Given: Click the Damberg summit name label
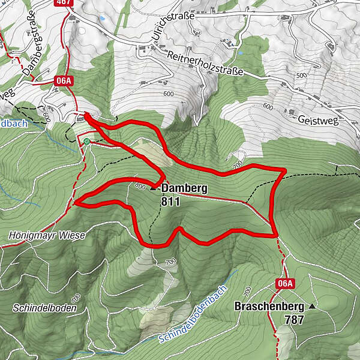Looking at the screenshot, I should (x=184, y=188).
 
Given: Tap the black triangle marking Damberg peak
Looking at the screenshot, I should (x=153, y=188).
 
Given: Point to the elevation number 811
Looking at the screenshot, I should (x=170, y=202).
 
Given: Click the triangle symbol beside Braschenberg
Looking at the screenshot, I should (x=312, y=306).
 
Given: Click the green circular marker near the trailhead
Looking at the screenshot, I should (x=88, y=142).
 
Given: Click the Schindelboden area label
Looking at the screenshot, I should (x=44, y=308).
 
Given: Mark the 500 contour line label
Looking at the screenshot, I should (x=301, y=75).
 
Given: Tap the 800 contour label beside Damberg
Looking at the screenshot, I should (x=140, y=185).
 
